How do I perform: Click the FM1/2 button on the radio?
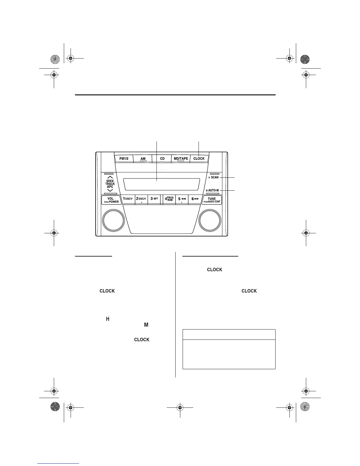tap(124, 159)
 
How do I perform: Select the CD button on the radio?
tap(162, 159)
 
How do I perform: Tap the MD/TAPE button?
tap(181, 159)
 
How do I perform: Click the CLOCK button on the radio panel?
tap(199, 159)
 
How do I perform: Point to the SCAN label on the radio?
tap(215, 177)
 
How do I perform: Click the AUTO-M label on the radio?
tap(214, 190)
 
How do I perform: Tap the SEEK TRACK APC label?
tap(110, 184)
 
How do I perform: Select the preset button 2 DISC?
tap(141, 199)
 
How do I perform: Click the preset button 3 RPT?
tap(154, 199)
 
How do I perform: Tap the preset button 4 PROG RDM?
tap(169, 199)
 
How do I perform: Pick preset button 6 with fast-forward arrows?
tap(195, 199)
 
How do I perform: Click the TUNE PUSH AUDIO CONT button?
tap(212, 200)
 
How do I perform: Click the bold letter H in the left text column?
tap(108, 319)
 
